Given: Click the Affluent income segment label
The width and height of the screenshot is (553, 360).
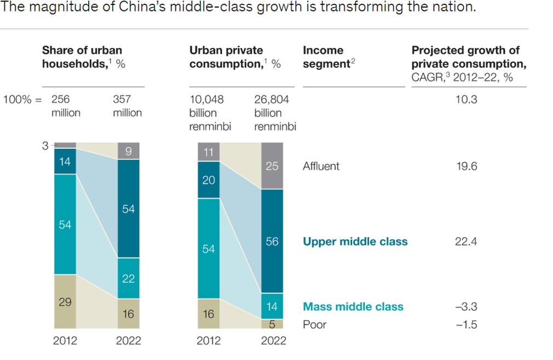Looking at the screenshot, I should (321, 166).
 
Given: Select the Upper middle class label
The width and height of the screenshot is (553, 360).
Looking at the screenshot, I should (355, 241).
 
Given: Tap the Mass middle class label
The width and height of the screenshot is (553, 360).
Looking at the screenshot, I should (353, 306).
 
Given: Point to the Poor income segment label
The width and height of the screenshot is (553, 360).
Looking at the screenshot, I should (314, 324).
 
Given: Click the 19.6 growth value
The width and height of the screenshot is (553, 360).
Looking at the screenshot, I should (466, 166).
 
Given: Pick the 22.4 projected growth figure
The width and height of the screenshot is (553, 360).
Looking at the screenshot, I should (466, 241).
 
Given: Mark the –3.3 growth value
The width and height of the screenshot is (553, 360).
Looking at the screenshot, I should (465, 306).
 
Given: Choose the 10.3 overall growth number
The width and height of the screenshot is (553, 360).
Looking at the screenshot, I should (466, 100).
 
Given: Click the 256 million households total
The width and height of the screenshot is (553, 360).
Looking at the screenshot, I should (66, 106).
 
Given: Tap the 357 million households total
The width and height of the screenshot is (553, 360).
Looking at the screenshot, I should (127, 106).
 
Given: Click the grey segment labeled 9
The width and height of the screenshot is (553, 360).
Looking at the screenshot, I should (128, 152).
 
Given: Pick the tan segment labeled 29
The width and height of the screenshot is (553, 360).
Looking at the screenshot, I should (65, 302).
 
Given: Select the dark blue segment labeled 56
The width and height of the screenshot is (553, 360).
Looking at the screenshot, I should (272, 241).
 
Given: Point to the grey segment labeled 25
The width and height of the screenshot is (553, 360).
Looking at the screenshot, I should (272, 166).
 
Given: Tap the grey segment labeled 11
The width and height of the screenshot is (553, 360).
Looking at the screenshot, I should (209, 152).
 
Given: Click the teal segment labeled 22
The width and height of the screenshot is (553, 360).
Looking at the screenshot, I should (128, 278).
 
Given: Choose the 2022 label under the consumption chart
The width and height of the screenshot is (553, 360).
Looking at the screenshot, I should (273, 341).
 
